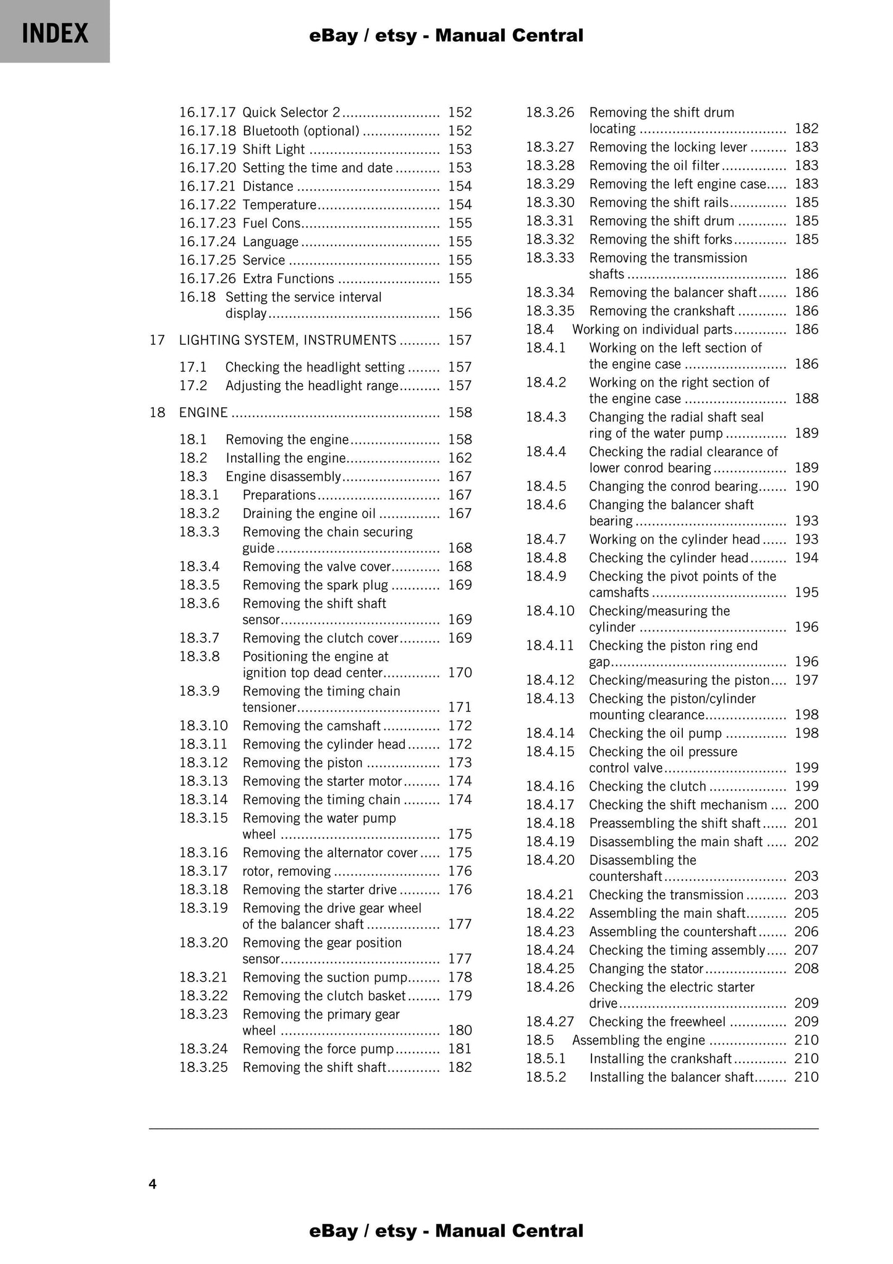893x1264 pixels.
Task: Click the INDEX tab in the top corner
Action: [x=55, y=32]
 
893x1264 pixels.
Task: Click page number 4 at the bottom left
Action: [x=153, y=1184]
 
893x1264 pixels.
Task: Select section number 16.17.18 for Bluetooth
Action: [x=208, y=131]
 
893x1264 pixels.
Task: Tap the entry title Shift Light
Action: [x=273, y=150]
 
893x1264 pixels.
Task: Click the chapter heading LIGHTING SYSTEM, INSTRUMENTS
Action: [x=287, y=340]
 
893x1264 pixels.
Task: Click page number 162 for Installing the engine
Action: [x=460, y=458]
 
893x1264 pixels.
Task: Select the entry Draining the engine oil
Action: [x=309, y=514]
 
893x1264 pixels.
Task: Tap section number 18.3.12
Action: [x=203, y=763]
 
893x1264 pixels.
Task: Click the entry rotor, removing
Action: [x=287, y=872]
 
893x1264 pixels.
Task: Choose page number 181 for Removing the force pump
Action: [x=460, y=1049]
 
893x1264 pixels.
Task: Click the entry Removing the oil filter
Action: [x=654, y=166]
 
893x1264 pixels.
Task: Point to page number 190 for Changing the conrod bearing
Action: [x=806, y=486]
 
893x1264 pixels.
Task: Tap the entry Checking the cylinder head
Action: [x=669, y=558]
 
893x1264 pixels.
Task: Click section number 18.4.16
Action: [x=550, y=786]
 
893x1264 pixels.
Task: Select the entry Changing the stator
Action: [x=646, y=969]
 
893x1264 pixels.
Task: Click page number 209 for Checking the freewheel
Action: [x=806, y=1022]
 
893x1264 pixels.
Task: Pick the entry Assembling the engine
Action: [x=638, y=1040]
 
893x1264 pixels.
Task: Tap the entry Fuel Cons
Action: [x=271, y=223]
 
